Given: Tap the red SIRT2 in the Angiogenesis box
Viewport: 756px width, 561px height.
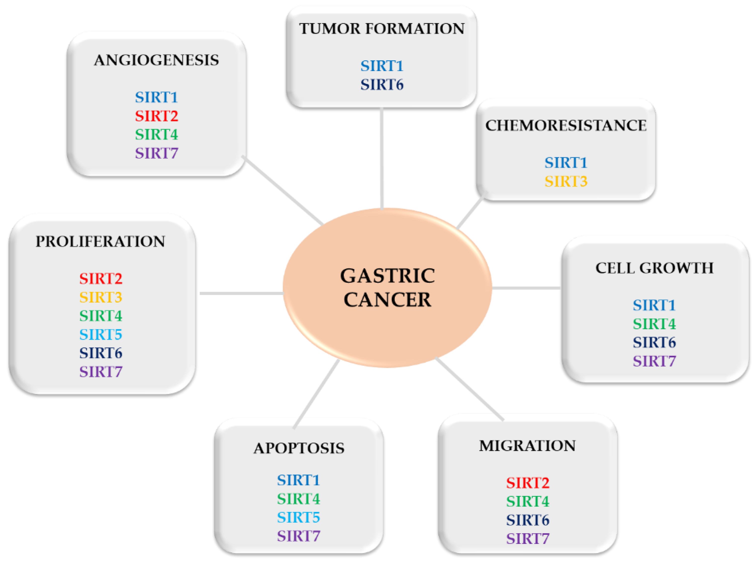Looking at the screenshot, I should [157, 116].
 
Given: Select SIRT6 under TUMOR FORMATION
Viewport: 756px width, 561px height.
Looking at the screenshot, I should [382, 85].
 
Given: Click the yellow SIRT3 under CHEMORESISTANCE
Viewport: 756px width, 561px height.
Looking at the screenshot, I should [566, 181].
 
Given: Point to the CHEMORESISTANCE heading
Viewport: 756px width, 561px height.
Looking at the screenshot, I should [566, 126].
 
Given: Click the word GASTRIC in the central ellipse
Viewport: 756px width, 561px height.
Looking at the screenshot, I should [387, 276].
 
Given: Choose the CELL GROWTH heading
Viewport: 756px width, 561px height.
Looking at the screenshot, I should [654, 268].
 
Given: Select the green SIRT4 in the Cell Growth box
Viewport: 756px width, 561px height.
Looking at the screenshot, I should [654, 324].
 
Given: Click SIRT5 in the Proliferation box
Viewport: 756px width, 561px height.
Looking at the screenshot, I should [101, 335].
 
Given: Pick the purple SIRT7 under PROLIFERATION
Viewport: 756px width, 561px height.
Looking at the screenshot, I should [101, 372].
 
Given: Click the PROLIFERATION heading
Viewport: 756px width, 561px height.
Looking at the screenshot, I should [100, 242].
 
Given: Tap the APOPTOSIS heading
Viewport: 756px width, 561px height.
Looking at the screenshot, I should [299, 448].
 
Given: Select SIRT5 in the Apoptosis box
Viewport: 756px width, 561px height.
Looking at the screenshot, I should [298, 517].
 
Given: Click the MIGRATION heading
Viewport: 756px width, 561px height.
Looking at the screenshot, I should [527, 446].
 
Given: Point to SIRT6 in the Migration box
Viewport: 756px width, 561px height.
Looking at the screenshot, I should [527, 520].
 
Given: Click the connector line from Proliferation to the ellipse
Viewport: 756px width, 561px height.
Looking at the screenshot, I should [241, 293].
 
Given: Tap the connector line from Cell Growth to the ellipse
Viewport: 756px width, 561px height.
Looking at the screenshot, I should [526, 288].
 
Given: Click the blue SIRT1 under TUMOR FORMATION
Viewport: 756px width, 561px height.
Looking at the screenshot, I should [382, 66].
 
